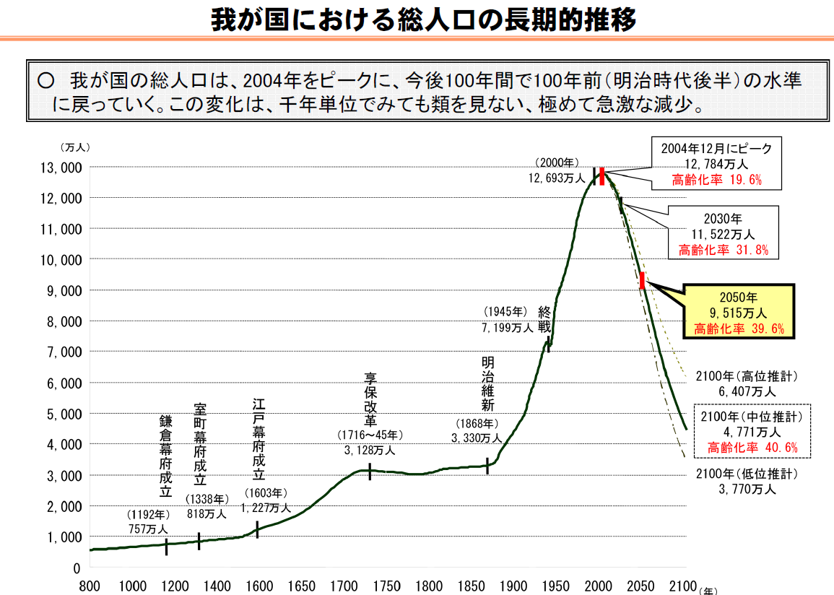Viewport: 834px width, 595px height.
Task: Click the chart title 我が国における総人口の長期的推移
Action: coord(423,19)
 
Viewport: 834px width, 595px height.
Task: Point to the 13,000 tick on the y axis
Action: coord(61,168)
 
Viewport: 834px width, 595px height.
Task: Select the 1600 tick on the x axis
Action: coord(259,585)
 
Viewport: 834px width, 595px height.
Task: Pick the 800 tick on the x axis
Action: coord(90,585)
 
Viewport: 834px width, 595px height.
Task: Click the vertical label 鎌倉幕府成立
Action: coord(165,456)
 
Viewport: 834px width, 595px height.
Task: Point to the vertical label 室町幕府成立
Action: coord(200,443)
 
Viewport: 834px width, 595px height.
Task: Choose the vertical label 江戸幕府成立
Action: coord(259,438)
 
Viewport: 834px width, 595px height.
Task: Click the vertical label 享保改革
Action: coord(370,399)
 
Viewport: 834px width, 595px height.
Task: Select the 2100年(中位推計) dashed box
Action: coord(752,432)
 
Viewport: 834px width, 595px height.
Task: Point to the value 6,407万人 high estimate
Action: coord(747,391)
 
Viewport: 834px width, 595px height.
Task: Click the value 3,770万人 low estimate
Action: coord(747,490)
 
